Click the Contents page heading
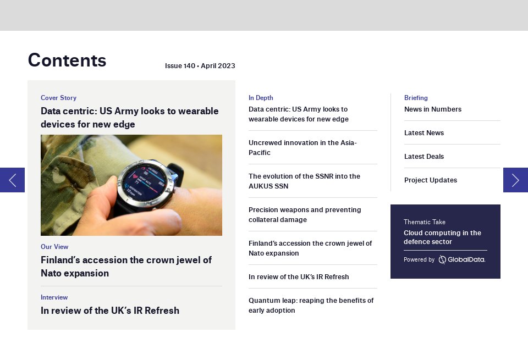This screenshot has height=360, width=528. tap(67, 60)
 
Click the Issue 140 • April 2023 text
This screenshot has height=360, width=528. tap(200, 66)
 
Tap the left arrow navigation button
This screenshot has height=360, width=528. tap(12, 180)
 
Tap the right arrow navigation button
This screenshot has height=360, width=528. tap(515, 180)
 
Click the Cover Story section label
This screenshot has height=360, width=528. tap(58, 98)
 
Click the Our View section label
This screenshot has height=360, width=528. tap(54, 247)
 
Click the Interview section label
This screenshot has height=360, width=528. tap(54, 297)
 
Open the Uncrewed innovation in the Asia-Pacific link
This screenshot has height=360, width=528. tap(302, 147)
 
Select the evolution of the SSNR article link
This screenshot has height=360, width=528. tap(304, 181)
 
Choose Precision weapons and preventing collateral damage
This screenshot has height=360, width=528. tap(305, 214)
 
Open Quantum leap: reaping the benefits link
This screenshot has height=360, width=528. tap(311, 305)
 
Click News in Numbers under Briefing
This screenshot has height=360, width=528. tap(433, 109)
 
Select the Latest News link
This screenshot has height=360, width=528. tap(424, 133)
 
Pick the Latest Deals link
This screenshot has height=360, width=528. tap(424, 157)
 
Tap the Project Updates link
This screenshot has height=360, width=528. tap(431, 180)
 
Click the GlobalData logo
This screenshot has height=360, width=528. tap(462, 259)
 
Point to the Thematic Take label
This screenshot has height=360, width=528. tap(425, 222)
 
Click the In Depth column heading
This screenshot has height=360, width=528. tap(261, 98)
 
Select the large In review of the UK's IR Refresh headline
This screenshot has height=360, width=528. tap(110, 311)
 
